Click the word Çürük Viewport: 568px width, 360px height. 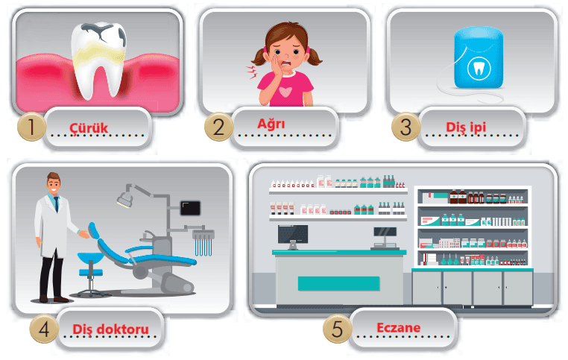[89, 128]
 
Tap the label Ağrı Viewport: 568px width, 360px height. [271, 124]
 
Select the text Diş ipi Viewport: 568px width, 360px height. [466, 127]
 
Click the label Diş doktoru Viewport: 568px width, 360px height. [111, 329]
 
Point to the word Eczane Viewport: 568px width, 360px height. [399, 328]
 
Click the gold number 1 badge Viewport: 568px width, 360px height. [31, 127]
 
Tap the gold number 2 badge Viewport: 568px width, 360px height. [219, 127]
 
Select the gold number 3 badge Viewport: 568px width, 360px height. [406, 127]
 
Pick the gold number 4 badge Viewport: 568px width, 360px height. [44, 329]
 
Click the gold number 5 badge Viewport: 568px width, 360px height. [337, 329]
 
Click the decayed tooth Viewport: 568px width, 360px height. [98, 60]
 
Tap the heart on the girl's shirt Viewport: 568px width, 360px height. [285, 92]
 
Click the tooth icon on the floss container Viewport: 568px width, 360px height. [479, 68]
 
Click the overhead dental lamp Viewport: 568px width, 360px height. [125, 199]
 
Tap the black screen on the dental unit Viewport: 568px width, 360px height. [190, 208]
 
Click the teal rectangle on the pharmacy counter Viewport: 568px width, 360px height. [338, 283]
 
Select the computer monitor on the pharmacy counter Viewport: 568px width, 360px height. [293, 236]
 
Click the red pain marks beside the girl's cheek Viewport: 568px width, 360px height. [252, 73]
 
